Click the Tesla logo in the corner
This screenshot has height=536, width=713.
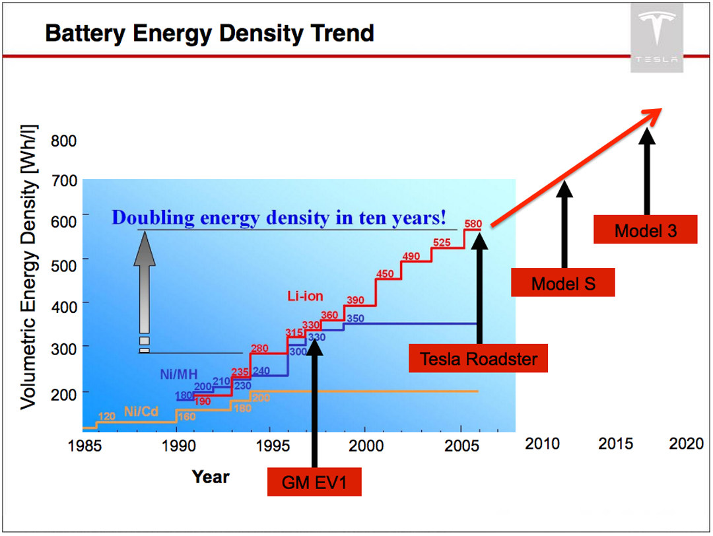656,37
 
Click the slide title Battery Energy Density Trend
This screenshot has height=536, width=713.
209,32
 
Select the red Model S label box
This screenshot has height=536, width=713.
563,283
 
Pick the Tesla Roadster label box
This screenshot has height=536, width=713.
479,358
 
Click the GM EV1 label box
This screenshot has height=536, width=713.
314,482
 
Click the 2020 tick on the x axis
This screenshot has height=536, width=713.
686,444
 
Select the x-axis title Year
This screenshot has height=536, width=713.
211,477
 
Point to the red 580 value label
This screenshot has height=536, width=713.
473,223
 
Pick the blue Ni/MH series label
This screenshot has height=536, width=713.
179,375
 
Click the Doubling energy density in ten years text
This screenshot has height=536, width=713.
279,217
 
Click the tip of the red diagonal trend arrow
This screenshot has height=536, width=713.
661,110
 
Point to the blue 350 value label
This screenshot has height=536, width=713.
355,319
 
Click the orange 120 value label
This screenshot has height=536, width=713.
107,417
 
